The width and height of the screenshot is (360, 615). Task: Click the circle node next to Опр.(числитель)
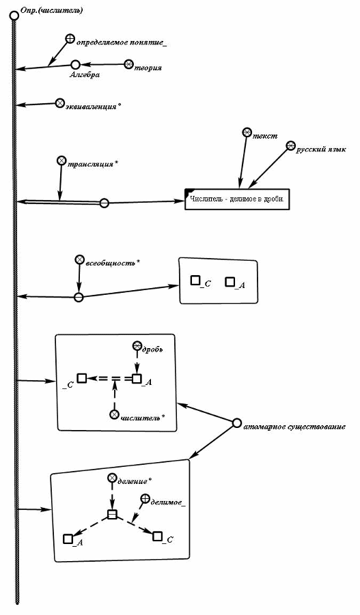coord(14,16)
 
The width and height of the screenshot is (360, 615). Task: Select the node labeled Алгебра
coord(76,64)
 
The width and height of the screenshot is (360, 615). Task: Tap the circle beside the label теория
coord(129,64)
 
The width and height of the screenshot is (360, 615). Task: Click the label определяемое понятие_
coord(122,42)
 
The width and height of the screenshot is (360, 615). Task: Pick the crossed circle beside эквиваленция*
coord(59,103)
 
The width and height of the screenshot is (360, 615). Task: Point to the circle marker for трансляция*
coord(61,160)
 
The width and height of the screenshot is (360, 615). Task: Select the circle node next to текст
coord(247,132)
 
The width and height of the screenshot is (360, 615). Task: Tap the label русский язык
coord(321,149)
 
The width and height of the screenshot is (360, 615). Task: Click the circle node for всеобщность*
coord(79,259)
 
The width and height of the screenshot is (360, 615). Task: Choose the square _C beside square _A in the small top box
coord(195,281)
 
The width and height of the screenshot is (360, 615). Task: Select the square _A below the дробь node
coord(137,379)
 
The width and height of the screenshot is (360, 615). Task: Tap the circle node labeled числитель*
coord(114,414)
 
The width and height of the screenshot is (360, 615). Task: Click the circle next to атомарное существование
coord(236,423)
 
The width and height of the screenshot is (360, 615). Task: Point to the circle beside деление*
coord(112,477)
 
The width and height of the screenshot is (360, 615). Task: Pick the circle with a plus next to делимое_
coord(145,498)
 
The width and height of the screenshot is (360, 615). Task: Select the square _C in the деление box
coord(157,537)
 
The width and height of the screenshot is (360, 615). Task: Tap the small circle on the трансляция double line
coord(104,203)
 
